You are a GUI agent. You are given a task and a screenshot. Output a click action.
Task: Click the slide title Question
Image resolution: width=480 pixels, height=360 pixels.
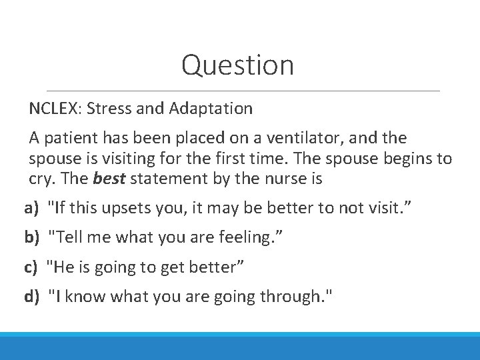(x=237, y=65)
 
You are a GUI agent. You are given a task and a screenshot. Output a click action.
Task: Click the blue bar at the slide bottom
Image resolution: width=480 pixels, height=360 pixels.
(x=240, y=347)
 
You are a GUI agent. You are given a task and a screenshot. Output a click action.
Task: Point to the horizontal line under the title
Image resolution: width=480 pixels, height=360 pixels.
(x=240, y=91)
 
